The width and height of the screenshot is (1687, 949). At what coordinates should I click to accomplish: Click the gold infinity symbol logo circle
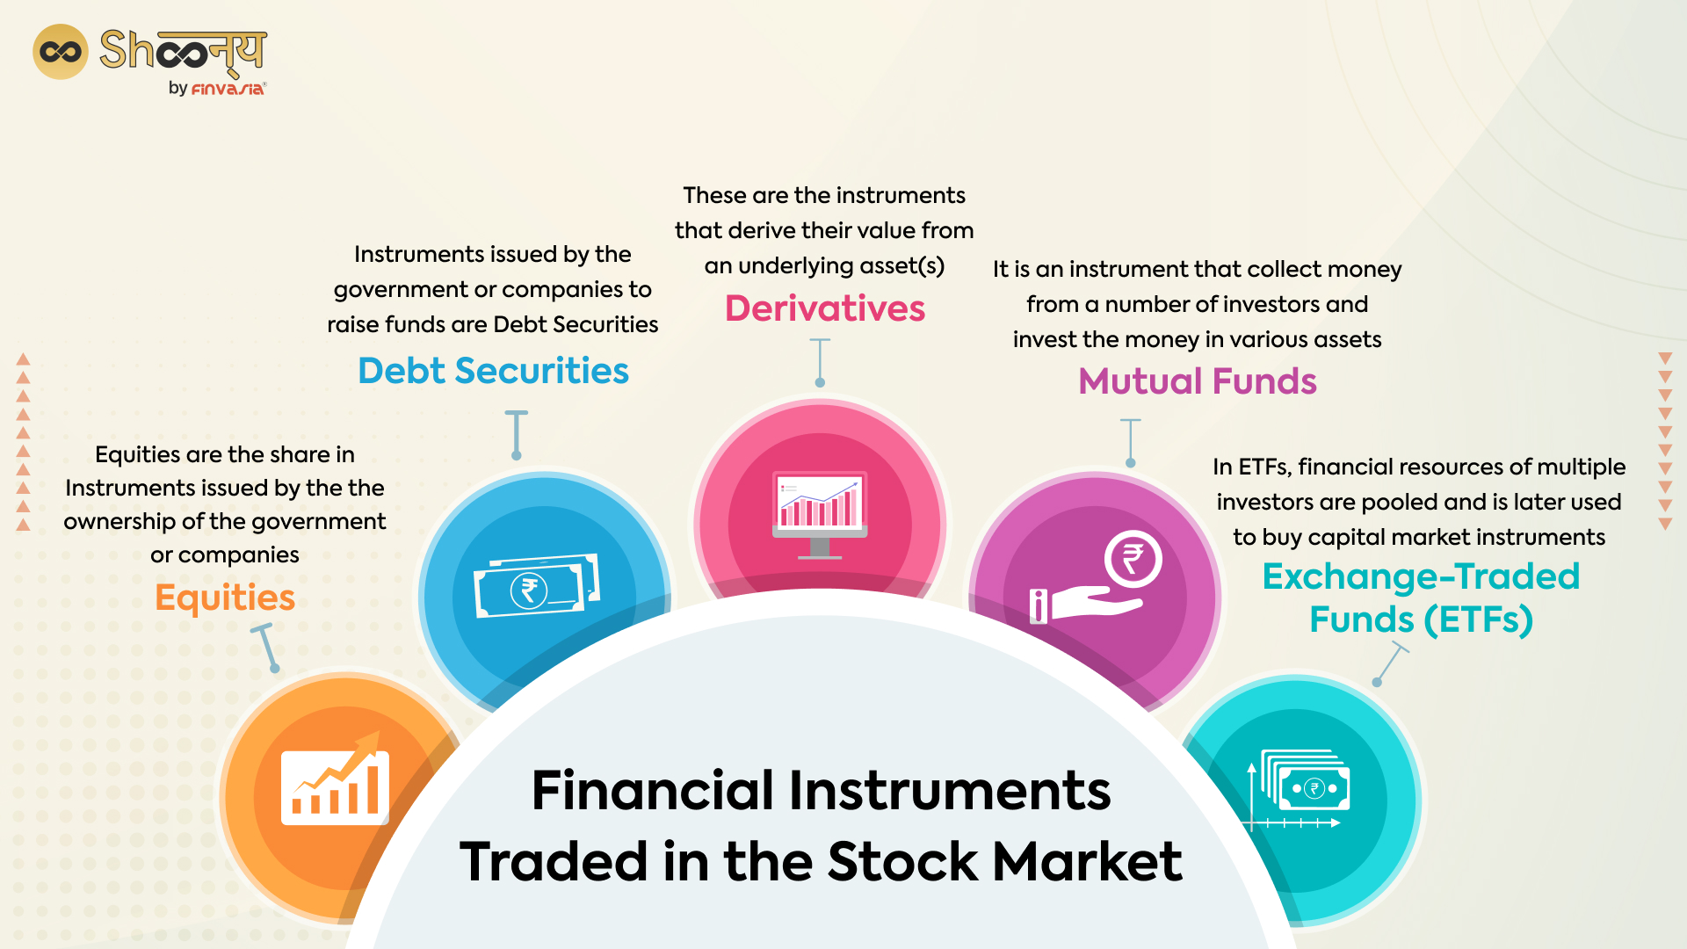pos(60,52)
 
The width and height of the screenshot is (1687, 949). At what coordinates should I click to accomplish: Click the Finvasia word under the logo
pos(228,89)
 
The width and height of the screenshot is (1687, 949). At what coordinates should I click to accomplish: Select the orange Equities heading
pos(225,598)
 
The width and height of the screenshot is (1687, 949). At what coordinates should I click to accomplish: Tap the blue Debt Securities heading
pos(493,371)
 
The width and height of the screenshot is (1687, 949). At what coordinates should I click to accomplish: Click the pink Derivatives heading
pos(824,308)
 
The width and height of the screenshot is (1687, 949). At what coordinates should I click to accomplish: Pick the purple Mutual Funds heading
pos(1197,381)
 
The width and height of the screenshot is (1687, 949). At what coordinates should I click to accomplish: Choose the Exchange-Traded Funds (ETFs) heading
pos(1420,598)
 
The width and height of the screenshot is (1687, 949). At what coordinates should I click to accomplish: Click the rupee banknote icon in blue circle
pos(535,587)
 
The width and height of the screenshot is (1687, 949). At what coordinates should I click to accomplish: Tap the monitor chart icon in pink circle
pos(819,513)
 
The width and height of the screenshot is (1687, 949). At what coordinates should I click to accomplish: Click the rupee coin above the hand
pos(1133,560)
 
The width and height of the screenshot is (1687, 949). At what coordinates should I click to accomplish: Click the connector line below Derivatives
pos(820,361)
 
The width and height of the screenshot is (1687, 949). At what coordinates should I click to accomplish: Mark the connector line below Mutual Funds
pos(1130,442)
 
